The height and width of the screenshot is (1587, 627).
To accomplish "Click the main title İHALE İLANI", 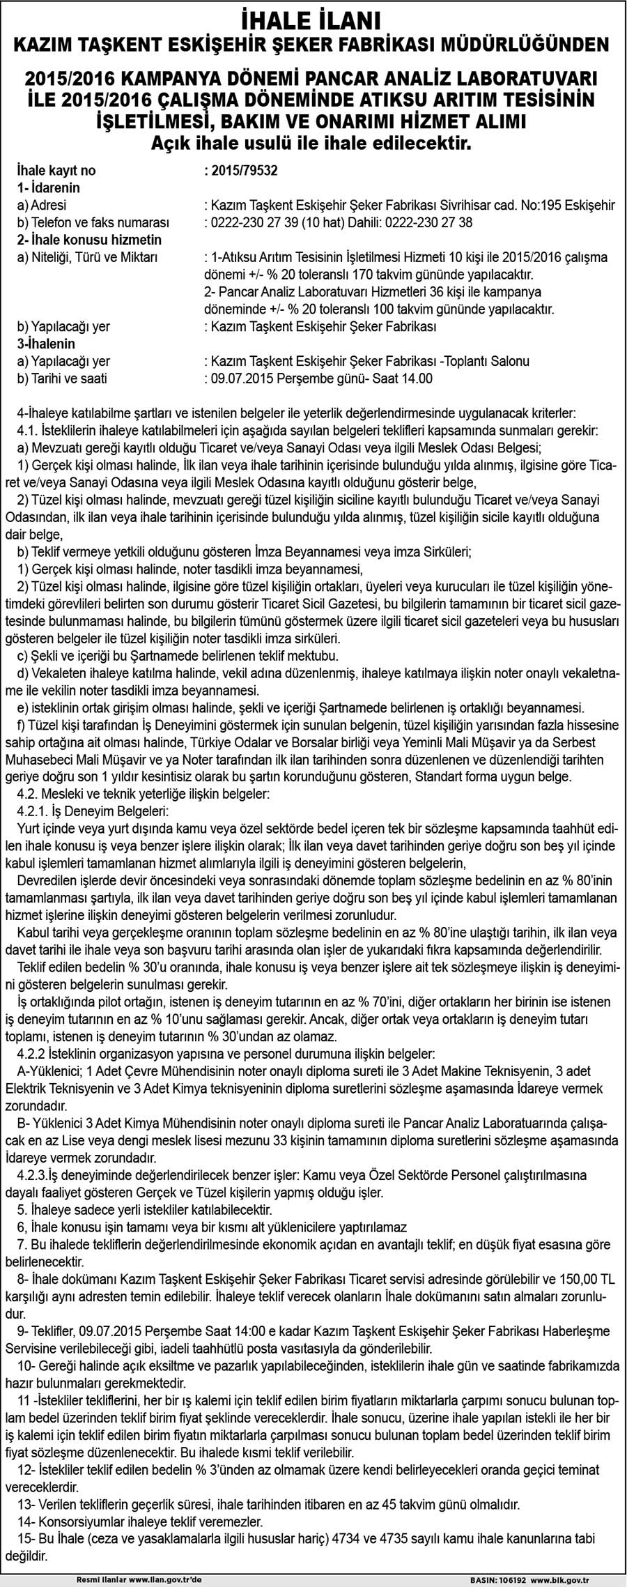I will [x=313, y=18].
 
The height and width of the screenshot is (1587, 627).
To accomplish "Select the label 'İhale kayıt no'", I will [x=57, y=171].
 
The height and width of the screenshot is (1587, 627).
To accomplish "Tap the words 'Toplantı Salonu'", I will [x=489, y=361].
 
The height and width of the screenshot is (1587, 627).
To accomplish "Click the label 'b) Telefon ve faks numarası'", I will [x=93, y=223].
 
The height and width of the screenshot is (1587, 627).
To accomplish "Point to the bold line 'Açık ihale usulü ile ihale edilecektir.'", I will [x=313, y=144].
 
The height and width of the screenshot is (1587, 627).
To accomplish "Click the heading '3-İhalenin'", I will [x=46, y=344].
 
